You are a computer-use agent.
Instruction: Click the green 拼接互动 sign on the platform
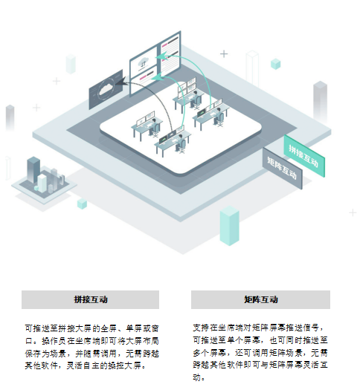click(x=304, y=156)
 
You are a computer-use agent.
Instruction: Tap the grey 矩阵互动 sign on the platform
click(x=283, y=169)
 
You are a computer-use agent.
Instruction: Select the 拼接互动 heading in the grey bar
click(x=91, y=299)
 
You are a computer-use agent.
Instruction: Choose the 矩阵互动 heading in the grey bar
click(x=260, y=299)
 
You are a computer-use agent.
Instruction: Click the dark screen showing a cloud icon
click(x=106, y=89)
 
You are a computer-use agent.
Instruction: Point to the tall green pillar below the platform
click(x=229, y=226)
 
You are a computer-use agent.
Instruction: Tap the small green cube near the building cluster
click(x=82, y=204)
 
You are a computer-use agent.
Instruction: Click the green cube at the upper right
click(x=276, y=64)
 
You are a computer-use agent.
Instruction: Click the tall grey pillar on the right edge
click(x=320, y=100)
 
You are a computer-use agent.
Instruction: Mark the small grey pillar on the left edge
click(x=10, y=117)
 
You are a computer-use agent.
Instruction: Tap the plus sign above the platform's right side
click(x=224, y=53)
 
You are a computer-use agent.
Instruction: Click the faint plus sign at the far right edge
click(x=353, y=213)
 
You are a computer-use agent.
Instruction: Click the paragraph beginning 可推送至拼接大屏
click(x=92, y=347)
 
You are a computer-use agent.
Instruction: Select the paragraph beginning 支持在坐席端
click(x=260, y=352)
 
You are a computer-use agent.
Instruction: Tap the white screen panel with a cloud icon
click(x=144, y=62)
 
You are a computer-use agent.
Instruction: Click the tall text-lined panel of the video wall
click(x=170, y=55)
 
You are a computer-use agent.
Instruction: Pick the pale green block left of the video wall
click(x=71, y=64)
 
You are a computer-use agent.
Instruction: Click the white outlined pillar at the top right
click(x=252, y=68)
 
